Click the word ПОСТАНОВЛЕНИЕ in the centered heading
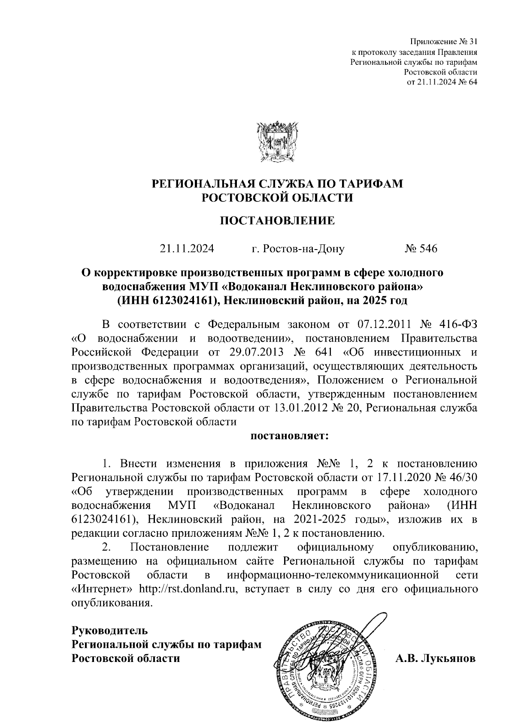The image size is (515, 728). point(277,221)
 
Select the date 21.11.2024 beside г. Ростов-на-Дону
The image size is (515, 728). point(187,249)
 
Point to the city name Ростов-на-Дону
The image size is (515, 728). point(303,249)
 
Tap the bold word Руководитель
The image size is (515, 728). point(109,630)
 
